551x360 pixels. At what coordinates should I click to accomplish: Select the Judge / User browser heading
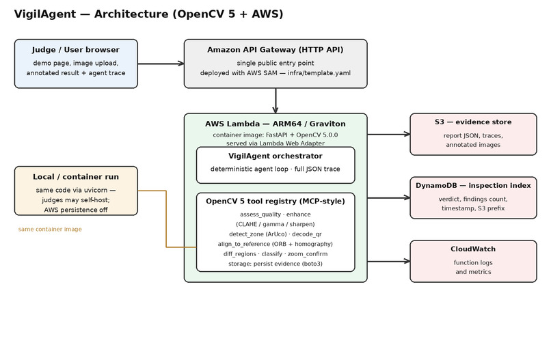pyautogui.click(x=76, y=50)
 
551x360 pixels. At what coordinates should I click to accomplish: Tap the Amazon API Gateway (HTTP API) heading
pyautogui.click(x=275, y=50)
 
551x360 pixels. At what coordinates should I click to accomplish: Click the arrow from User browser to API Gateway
pyautogui.click(x=161, y=64)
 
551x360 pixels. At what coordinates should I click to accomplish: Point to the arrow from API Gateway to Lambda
pyautogui.click(x=275, y=100)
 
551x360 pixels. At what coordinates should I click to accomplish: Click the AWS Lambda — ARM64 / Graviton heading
pyautogui.click(x=275, y=124)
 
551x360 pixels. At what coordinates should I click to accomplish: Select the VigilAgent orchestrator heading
pyautogui.click(x=275, y=156)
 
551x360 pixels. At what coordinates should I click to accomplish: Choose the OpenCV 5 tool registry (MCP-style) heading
pyautogui.click(x=275, y=202)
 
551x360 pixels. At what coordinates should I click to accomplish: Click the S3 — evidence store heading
pyautogui.click(x=473, y=122)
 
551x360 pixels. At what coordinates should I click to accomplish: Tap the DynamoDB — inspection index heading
pyautogui.click(x=473, y=185)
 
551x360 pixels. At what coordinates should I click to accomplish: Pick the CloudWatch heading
pyautogui.click(x=473, y=249)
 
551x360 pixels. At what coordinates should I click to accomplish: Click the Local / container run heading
pyautogui.click(x=76, y=177)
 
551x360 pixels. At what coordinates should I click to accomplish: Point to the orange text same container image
pyautogui.click(x=50, y=229)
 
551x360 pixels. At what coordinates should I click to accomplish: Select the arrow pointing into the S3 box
pyautogui.click(x=389, y=134)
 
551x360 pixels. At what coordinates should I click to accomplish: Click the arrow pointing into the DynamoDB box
pyautogui.click(x=389, y=197)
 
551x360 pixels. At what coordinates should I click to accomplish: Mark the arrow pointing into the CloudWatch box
pyautogui.click(x=389, y=262)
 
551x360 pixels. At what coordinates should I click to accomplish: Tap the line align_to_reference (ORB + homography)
pyautogui.click(x=275, y=244)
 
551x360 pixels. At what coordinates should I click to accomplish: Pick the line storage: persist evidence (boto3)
pyautogui.click(x=275, y=264)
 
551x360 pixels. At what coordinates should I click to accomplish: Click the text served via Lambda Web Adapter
pyautogui.click(x=275, y=143)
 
